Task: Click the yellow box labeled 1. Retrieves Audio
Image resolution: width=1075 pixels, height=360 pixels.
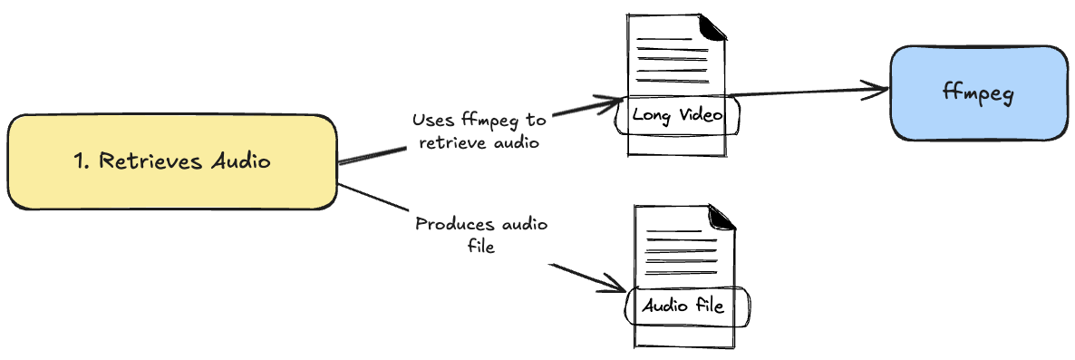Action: [172, 162]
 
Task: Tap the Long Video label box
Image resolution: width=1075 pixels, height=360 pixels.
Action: [677, 115]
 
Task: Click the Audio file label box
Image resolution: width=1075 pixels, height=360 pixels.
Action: [686, 306]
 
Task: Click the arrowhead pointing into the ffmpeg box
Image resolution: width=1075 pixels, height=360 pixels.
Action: [879, 89]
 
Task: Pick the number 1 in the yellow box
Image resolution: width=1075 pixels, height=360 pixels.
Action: [79, 161]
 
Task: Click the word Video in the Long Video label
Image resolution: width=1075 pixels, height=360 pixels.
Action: [702, 115]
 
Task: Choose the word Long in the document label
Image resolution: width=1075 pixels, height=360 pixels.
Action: [652, 115]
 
